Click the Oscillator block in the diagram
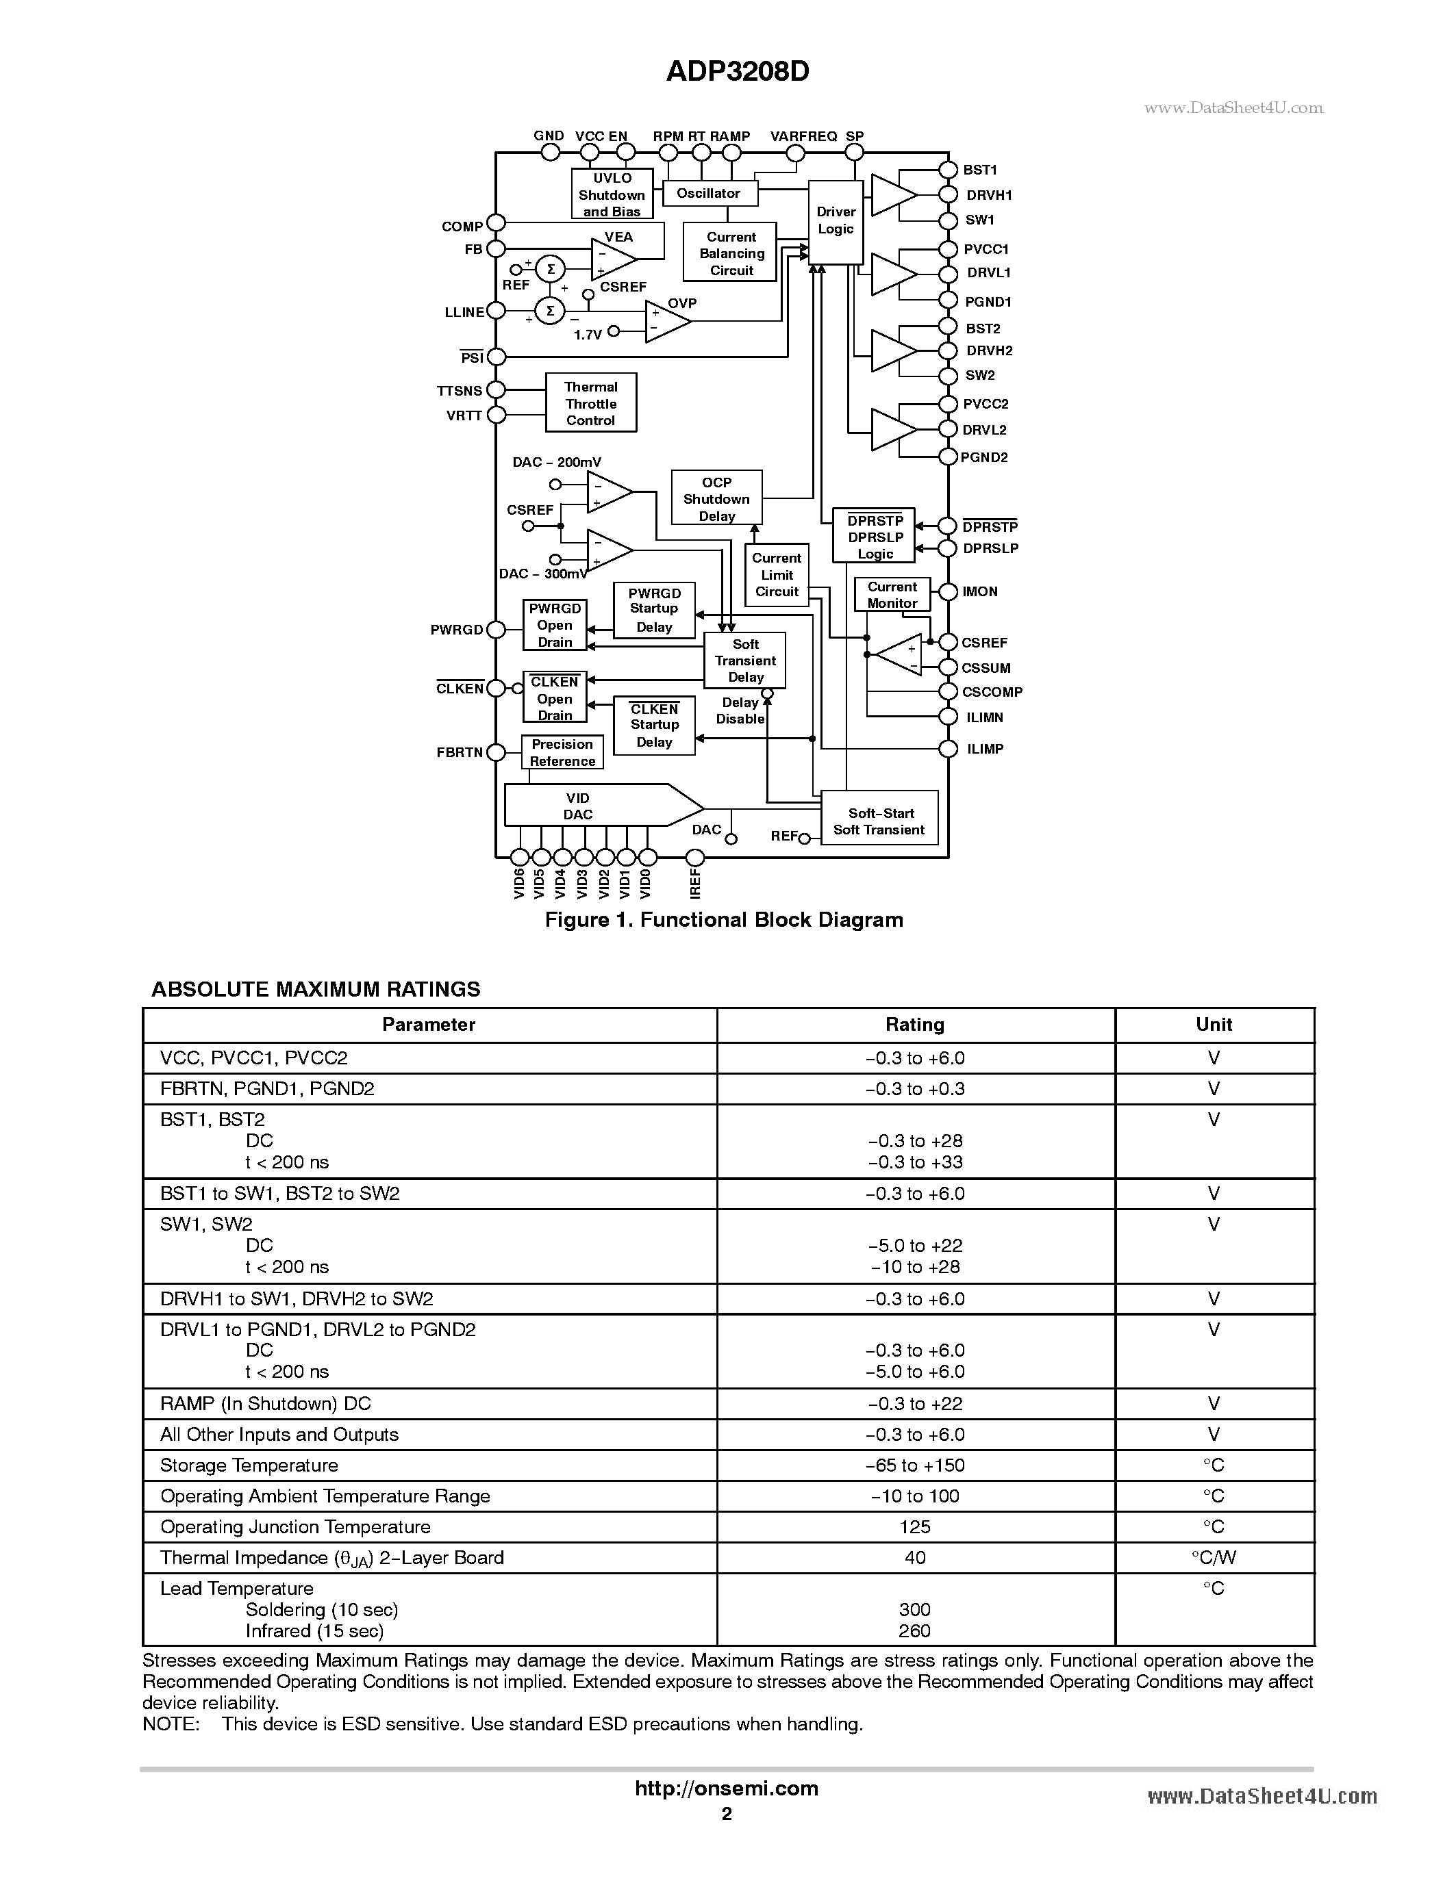click(709, 194)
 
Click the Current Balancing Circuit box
click(731, 253)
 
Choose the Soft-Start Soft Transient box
click(879, 821)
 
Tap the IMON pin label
click(980, 591)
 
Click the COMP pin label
click(462, 227)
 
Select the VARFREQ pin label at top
click(803, 136)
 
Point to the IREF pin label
click(695, 884)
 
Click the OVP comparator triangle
click(666, 321)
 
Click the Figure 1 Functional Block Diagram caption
click(724, 920)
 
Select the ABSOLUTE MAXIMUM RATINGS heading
click(316, 989)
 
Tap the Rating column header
click(914, 1024)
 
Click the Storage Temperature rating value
click(914, 1465)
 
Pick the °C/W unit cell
click(1213, 1558)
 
